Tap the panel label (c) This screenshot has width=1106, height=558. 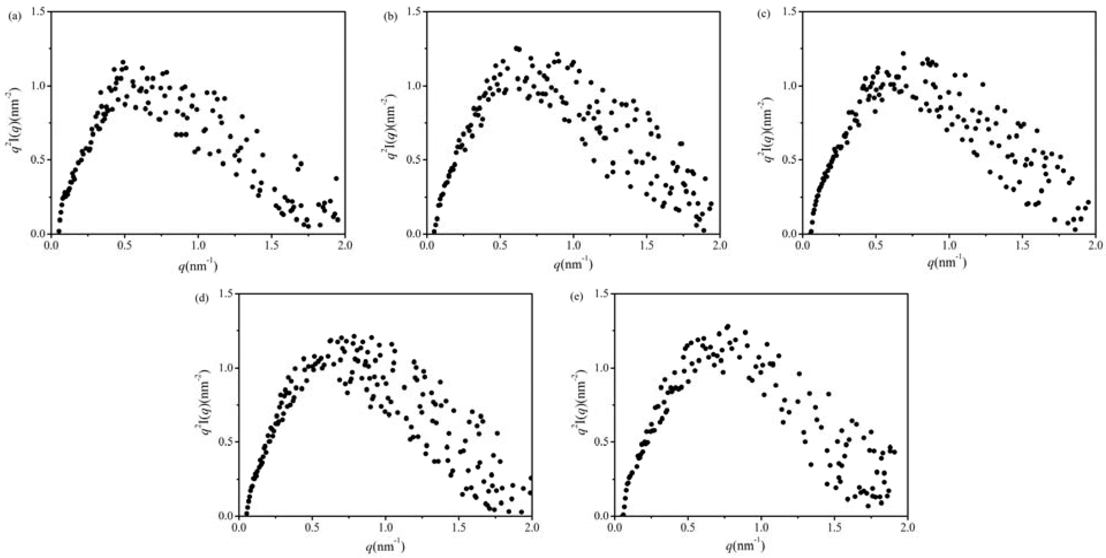764,14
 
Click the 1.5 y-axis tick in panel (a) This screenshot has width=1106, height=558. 39,12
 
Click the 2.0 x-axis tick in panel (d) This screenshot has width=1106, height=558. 532,527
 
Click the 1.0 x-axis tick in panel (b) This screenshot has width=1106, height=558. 574,245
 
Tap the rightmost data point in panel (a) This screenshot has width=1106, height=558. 337,220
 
